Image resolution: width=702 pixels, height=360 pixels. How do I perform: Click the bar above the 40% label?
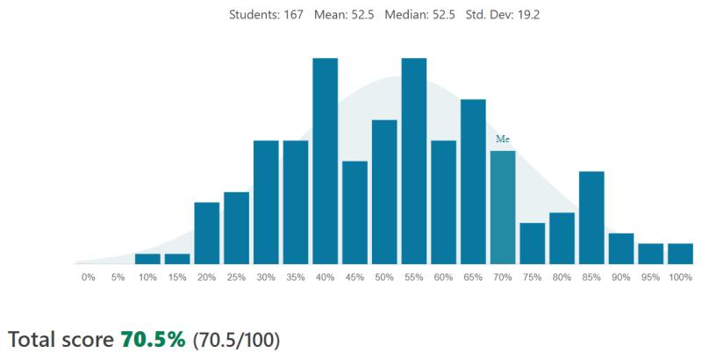pos(325,162)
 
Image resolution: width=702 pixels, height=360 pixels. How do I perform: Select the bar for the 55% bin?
pos(413,162)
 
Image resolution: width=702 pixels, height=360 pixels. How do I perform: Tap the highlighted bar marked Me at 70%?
pos(503,208)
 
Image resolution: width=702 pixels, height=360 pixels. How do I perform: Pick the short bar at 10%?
pos(147,259)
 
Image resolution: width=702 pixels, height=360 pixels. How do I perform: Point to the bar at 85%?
pos(591,218)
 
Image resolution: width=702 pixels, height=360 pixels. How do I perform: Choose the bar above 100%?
pos(681,254)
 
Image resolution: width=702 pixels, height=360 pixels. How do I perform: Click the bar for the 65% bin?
pos(473,182)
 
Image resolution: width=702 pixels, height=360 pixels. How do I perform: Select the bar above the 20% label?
pos(207,234)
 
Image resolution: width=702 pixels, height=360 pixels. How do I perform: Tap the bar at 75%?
pos(533,243)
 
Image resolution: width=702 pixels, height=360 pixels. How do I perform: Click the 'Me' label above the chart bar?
pos(503,140)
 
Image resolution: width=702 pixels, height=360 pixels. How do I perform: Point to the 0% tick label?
pos(89,277)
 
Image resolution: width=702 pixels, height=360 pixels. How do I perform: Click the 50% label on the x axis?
pos(384,277)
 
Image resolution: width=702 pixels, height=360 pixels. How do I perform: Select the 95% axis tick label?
pos(650,277)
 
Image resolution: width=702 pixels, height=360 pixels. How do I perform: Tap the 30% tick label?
pos(266,277)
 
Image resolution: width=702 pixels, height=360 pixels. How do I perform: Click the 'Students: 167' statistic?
pos(266,15)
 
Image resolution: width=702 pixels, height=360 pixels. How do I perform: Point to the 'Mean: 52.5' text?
pos(344,15)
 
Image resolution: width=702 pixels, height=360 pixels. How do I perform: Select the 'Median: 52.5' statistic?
pos(419,15)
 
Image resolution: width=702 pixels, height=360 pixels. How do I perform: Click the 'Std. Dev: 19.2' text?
pos(502,15)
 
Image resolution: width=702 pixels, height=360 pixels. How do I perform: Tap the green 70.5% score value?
pos(153,340)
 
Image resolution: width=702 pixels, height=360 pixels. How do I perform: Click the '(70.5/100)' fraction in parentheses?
pos(236,341)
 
